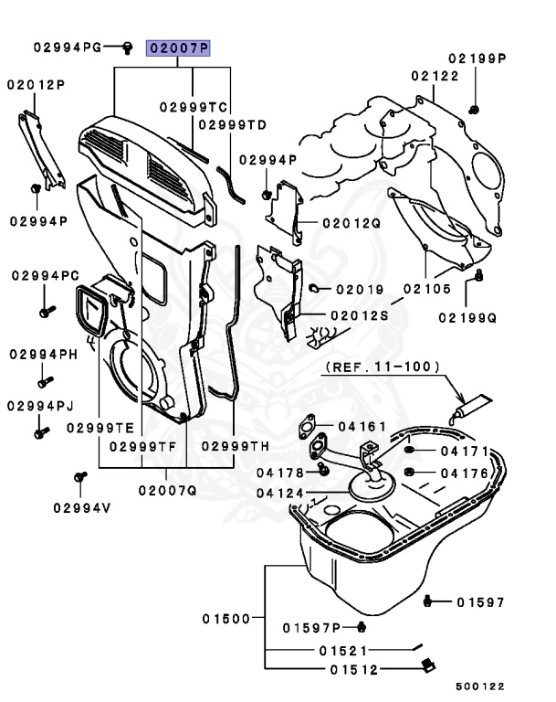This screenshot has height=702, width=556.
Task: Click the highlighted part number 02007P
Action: click(179, 48)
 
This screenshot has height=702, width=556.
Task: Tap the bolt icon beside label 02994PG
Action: click(128, 46)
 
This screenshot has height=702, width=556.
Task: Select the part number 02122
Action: click(435, 76)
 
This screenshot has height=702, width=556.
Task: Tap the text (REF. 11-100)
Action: click(383, 367)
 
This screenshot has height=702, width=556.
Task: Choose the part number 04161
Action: click(362, 426)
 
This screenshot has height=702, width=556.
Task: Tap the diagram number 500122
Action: click(480, 686)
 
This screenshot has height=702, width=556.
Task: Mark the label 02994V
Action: click(79, 507)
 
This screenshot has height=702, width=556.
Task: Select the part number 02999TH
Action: click(235, 446)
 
